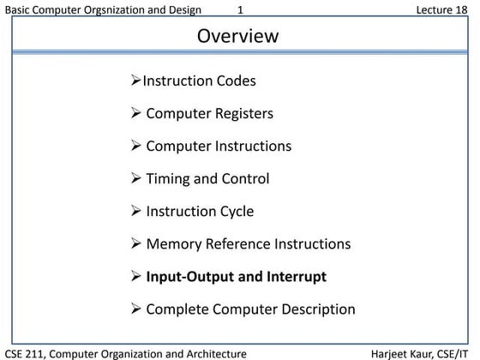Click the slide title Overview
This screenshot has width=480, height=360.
click(x=238, y=36)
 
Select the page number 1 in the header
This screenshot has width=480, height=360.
click(x=240, y=9)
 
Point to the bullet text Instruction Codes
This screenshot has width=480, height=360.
click(x=199, y=81)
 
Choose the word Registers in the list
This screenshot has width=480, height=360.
click(x=243, y=113)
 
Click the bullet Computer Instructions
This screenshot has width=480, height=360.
click(x=219, y=146)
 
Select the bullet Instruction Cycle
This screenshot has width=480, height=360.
click(x=200, y=211)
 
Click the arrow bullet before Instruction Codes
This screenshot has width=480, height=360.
click(x=135, y=81)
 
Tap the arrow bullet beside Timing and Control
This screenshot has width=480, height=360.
click(x=135, y=178)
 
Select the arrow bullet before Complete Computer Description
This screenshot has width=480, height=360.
click(x=135, y=309)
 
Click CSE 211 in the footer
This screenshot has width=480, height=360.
click(x=24, y=353)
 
